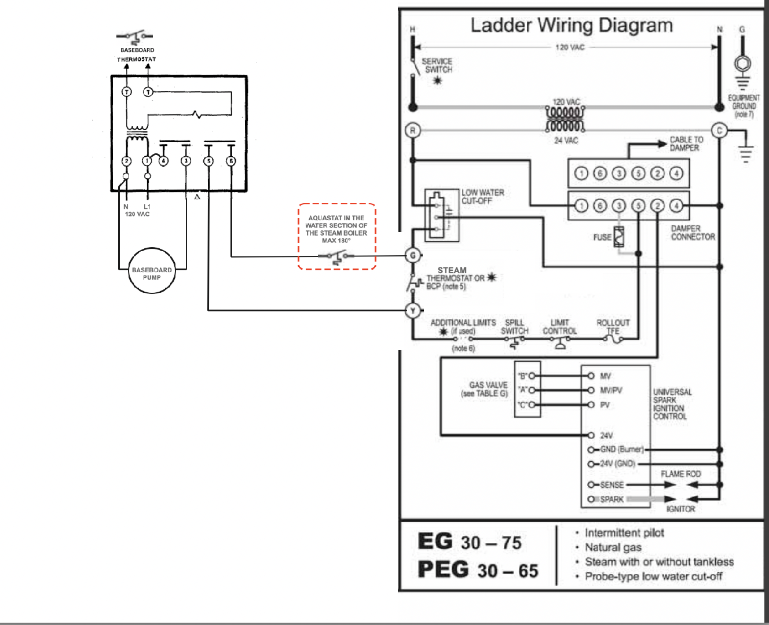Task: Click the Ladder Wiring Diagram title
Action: click(x=572, y=25)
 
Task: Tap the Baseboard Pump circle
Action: click(x=152, y=271)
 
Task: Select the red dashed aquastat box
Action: click(x=337, y=236)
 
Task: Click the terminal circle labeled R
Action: click(x=412, y=130)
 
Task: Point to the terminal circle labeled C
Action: click(x=720, y=130)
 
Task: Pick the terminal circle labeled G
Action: click(x=413, y=255)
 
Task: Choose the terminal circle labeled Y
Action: click(x=413, y=311)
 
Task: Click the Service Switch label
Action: click(x=437, y=65)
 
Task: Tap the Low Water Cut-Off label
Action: click(x=482, y=197)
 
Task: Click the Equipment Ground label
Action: click(x=744, y=106)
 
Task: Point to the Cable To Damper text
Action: click(x=686, y=144)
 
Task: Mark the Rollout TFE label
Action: click(x=613, y=327)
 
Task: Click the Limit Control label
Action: click(x=559, y=327)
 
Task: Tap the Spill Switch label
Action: click(x=514, y=327)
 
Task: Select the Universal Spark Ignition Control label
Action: click(x=672, y=404)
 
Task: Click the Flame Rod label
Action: click(x=681, y=474)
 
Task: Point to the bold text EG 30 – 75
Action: click(x=470, y=542)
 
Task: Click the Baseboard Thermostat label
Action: click(x=137, y=54)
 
